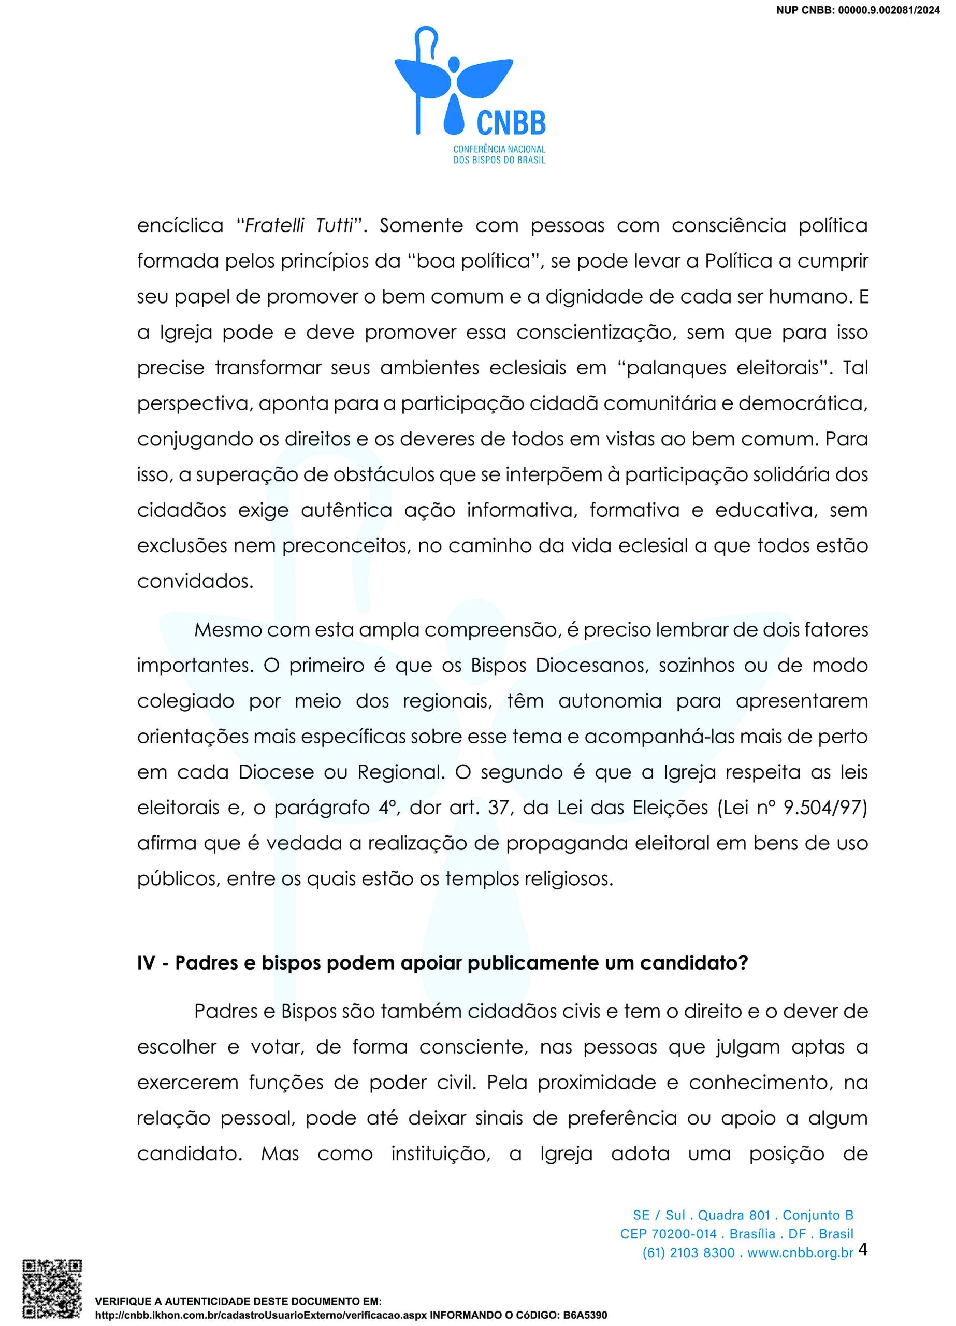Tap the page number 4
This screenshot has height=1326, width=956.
point(862,1249)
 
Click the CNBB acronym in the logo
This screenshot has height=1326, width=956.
point(511,123)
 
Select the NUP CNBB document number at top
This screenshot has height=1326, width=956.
point(858,10)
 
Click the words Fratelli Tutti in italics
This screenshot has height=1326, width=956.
point(299,226)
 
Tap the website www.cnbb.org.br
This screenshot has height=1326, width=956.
point(801,1252)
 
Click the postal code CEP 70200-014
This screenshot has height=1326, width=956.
point(669,1234)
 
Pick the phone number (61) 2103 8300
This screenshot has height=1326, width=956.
point(688,1252)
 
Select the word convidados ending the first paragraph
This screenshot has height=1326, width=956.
point(195,582)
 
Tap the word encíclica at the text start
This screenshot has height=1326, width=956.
point(180,226)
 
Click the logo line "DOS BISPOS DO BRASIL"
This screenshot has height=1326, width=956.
point(499,160)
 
